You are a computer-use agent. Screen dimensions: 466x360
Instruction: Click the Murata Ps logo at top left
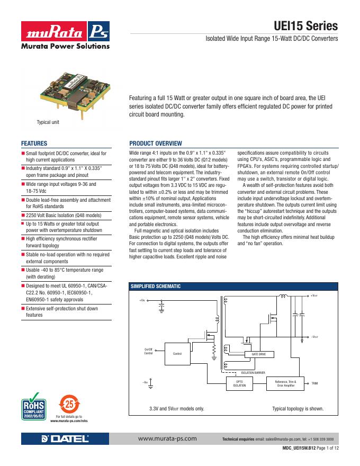point(65,35)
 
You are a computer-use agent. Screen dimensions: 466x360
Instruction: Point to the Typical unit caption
point(48,122)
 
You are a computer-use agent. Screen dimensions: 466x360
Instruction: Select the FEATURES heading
point(34,144)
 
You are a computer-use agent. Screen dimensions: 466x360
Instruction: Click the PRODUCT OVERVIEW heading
point(156,144)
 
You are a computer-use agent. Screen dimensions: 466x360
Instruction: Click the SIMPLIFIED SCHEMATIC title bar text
point(156,286)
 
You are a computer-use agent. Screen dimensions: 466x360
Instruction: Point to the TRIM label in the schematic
point(315,383)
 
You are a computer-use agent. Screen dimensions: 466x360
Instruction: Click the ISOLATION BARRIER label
point(253,373)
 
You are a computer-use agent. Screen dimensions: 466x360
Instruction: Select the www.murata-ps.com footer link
point(167,439)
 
